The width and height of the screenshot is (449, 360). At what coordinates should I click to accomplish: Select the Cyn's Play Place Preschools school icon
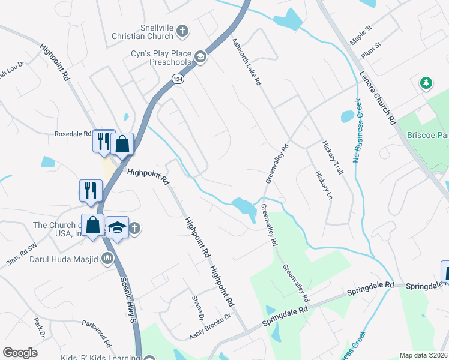[200, 58]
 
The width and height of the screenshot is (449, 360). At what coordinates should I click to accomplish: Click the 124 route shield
[178, 79]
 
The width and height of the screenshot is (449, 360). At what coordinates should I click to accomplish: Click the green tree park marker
[426, 83]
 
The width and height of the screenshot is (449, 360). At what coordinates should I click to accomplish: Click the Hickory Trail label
[332, 158]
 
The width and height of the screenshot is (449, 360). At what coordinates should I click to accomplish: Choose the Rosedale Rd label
[73, 134]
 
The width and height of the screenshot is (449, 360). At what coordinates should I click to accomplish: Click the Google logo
[20, 352]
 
